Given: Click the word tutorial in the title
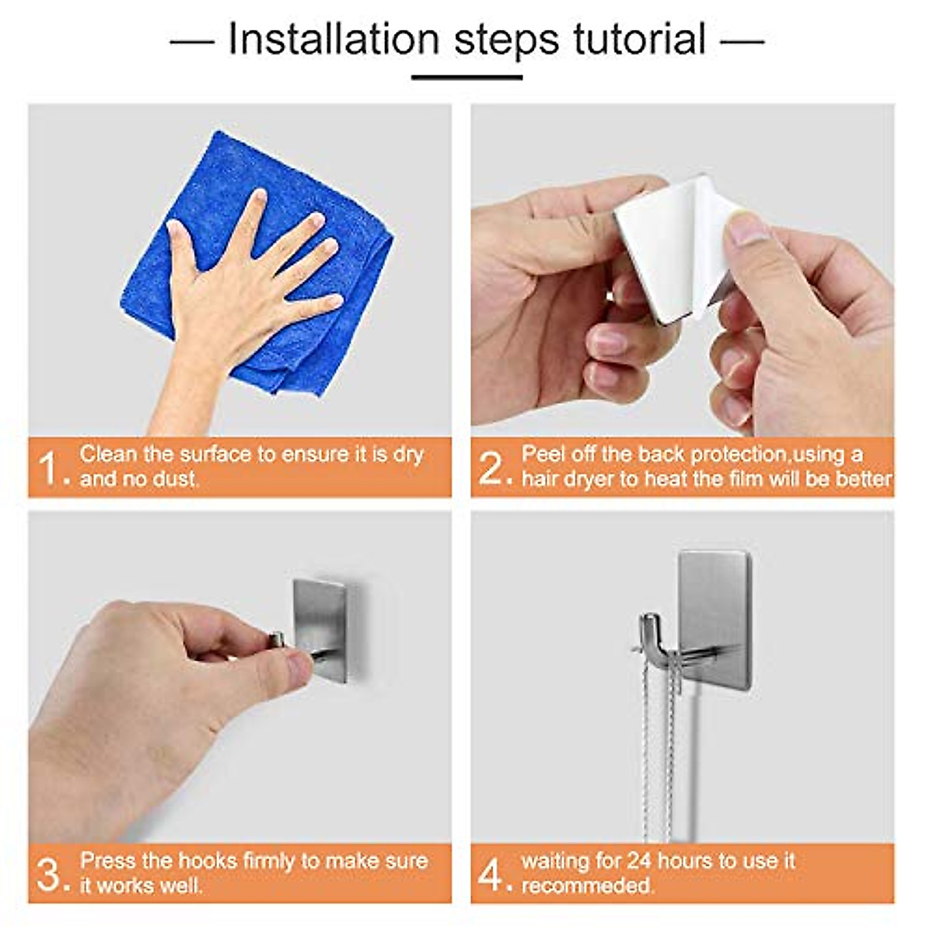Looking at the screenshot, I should click(x=639, y=39).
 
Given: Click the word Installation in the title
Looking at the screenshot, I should click(x=333, y=39).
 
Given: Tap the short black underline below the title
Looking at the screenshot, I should click(x=466, y=77).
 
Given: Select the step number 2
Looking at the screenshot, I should click(x=491, y=468).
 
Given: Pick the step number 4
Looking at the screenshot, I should click(x=491, y=874).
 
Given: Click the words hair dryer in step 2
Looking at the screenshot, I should click(x=568, y=479).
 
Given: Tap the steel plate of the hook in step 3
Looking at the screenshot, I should click(x=320, y=622).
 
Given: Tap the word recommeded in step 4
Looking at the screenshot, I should click(x=587, y=886).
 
